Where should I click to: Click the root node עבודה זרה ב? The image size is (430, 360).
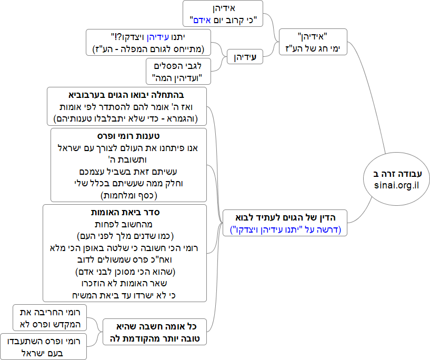tap(397, 174)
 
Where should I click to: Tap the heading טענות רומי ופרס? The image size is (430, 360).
tap(129, 136)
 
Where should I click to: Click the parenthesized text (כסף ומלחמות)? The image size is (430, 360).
tap(129, 195)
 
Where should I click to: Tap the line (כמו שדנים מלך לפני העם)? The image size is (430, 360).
tap(126, 235)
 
